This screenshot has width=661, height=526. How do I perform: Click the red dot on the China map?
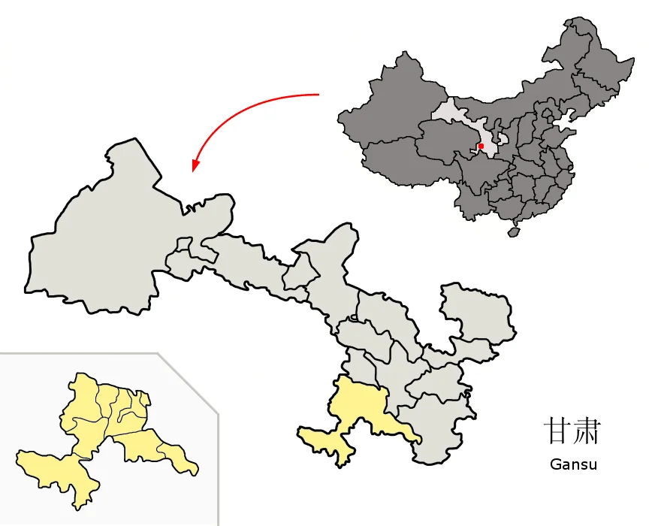pyautogui.click(x=481, y=146)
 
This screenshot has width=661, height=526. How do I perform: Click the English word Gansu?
pyautogui.click(x=573, y=464)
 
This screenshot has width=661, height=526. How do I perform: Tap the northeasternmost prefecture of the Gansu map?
pyautogui.click(x=477, y=312)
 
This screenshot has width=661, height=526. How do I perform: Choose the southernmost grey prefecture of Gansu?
pyautogui.click(x=439, y=428)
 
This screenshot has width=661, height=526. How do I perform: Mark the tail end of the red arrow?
pyautogui.click(x=318, y=95)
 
